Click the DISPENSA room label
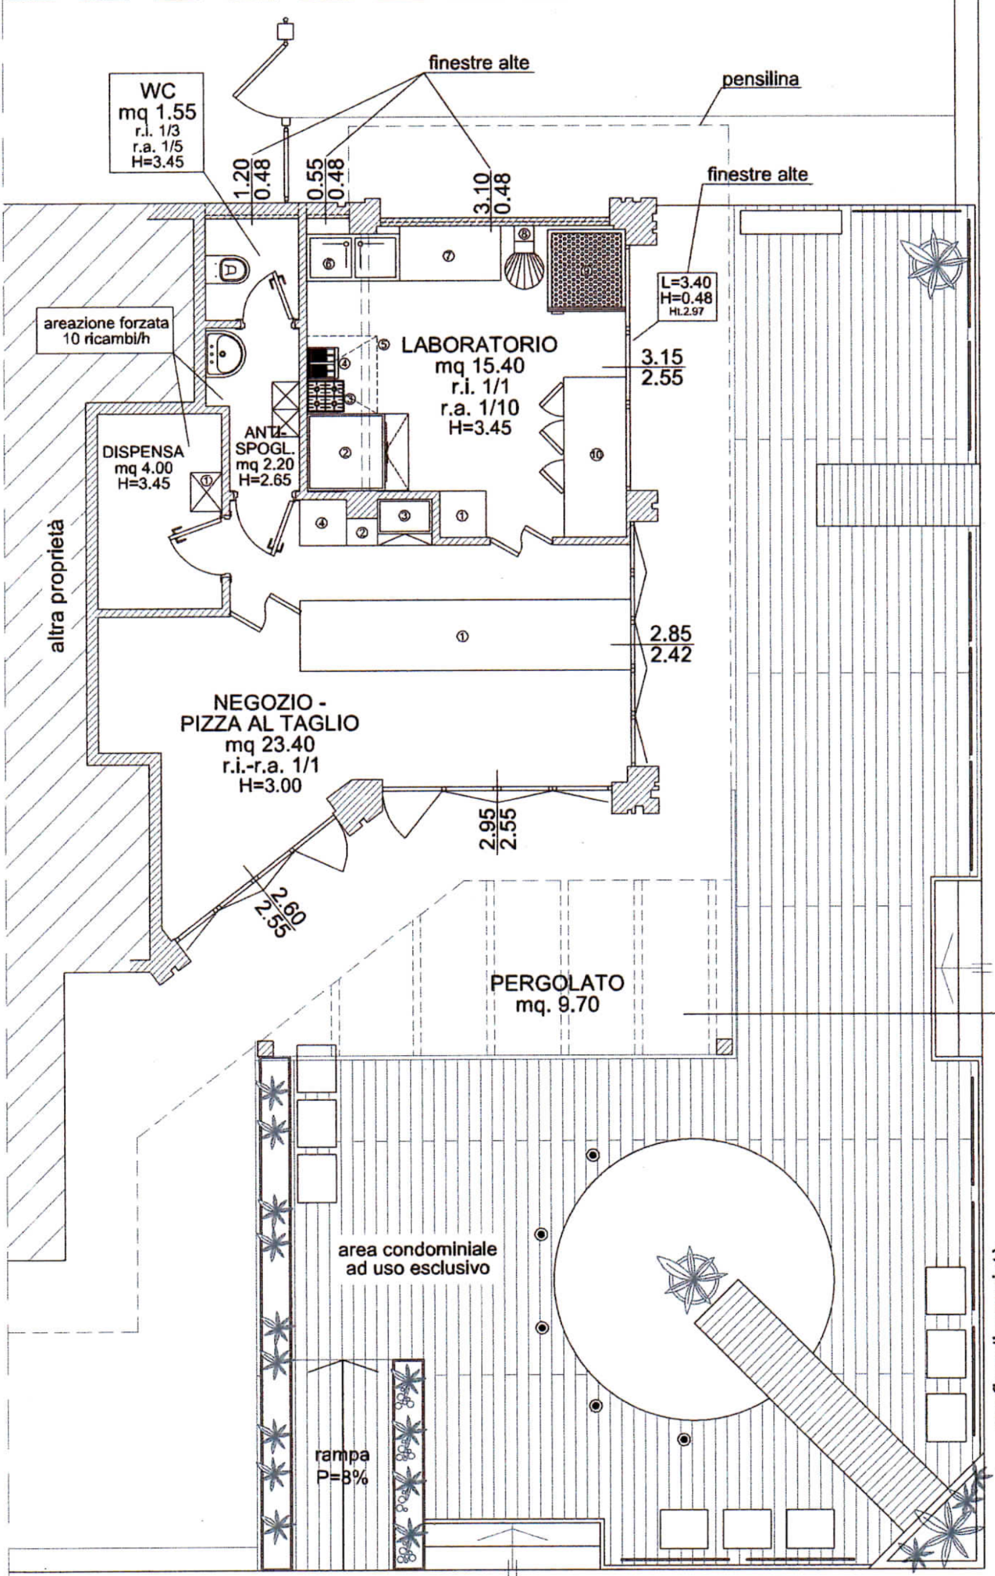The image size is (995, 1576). (143, 452)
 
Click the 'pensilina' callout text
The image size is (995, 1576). (760, 80)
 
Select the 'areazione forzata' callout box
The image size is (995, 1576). (106, 331)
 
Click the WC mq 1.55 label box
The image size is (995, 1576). (156, 123)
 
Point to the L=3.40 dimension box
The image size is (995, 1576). (687, 297)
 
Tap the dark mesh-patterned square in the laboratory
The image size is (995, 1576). (585, 268)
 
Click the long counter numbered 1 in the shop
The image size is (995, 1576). (464, 634)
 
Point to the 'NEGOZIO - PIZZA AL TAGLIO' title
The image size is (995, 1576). (270, 713)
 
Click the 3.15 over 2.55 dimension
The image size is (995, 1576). (661, 367)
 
